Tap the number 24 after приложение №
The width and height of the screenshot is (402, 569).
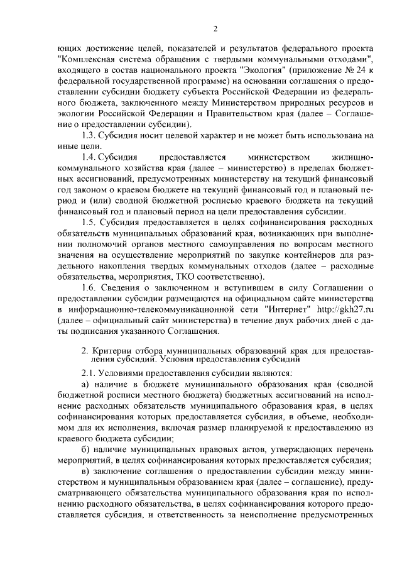point(359,69)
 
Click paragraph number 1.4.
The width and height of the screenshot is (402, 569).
point(89,157)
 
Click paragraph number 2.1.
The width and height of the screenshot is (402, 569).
point(89,372)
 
